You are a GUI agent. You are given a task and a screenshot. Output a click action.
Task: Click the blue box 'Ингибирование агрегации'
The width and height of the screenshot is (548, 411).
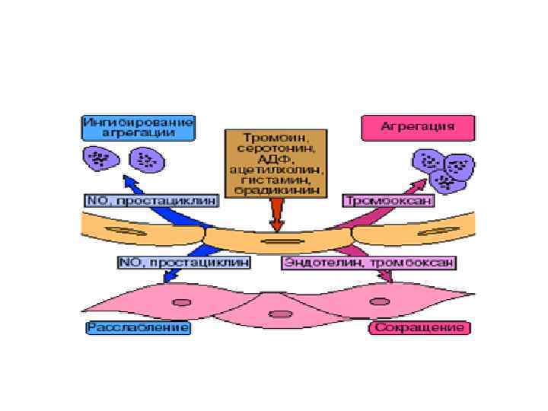click(x=138, y=126)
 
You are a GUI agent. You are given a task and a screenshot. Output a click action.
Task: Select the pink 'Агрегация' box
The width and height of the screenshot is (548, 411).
click(x=418, y=126)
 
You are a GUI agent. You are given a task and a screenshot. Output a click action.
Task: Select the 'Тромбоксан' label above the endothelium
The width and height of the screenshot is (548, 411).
click(x=389, y=200)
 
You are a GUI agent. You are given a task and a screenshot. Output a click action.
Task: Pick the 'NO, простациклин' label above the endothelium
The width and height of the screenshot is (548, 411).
click(x=151, y=200)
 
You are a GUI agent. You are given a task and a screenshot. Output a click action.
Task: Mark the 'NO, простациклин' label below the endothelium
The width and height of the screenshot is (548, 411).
click(x=183, y=262)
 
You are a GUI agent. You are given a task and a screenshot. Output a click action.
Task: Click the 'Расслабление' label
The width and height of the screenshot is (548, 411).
click(x=138, y=327)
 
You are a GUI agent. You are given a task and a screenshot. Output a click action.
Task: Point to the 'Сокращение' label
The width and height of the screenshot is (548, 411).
click(x=419, y=327)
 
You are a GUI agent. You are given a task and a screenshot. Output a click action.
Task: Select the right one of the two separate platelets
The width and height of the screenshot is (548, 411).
click(x=146, y=160)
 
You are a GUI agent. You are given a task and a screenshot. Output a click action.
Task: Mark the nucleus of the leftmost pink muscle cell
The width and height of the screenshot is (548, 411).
click(x=181, y=302)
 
